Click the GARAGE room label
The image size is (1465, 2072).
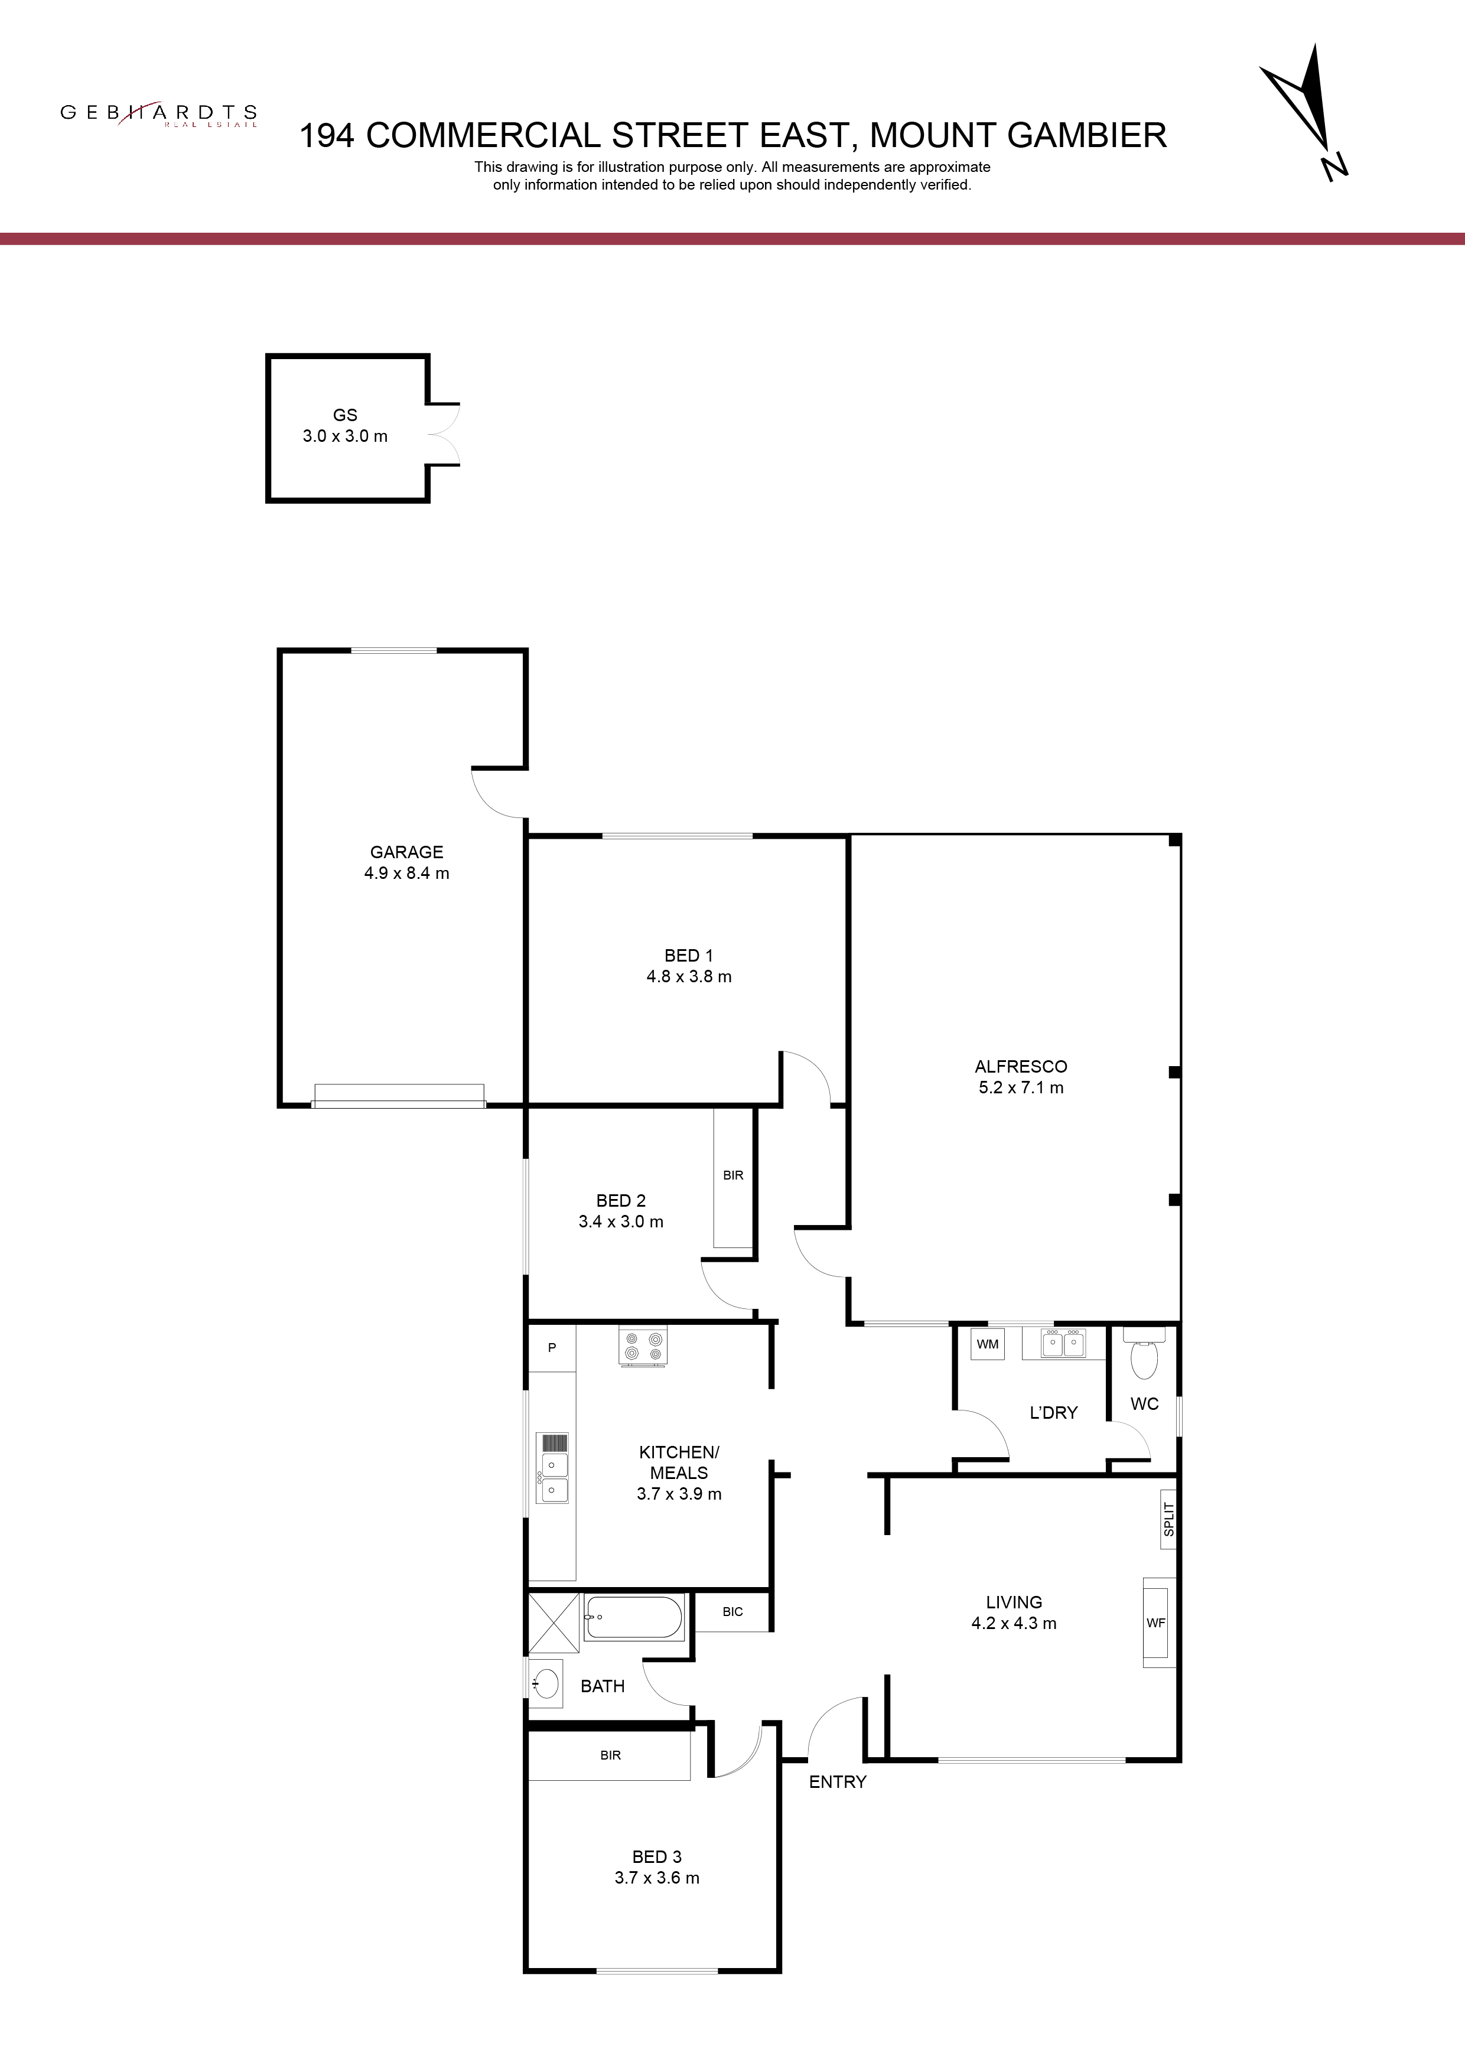click(x=406, y=852)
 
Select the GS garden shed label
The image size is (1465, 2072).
click(x=345, y=415)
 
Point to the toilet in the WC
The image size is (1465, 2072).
click(x=1144, y=1356)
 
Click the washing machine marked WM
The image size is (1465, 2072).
click(x=988, y=1344)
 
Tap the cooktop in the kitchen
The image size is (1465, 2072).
click(x=643, y=1346)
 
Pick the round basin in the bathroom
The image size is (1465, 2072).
click(x=545, y=1683)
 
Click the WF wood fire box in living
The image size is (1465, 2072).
click(x=1156, y=1623)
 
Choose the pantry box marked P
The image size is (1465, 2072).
click(x=552, y=1347)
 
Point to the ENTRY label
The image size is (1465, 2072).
click(x=838, y=1781)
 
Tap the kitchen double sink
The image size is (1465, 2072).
click(x=552, y=1468)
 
